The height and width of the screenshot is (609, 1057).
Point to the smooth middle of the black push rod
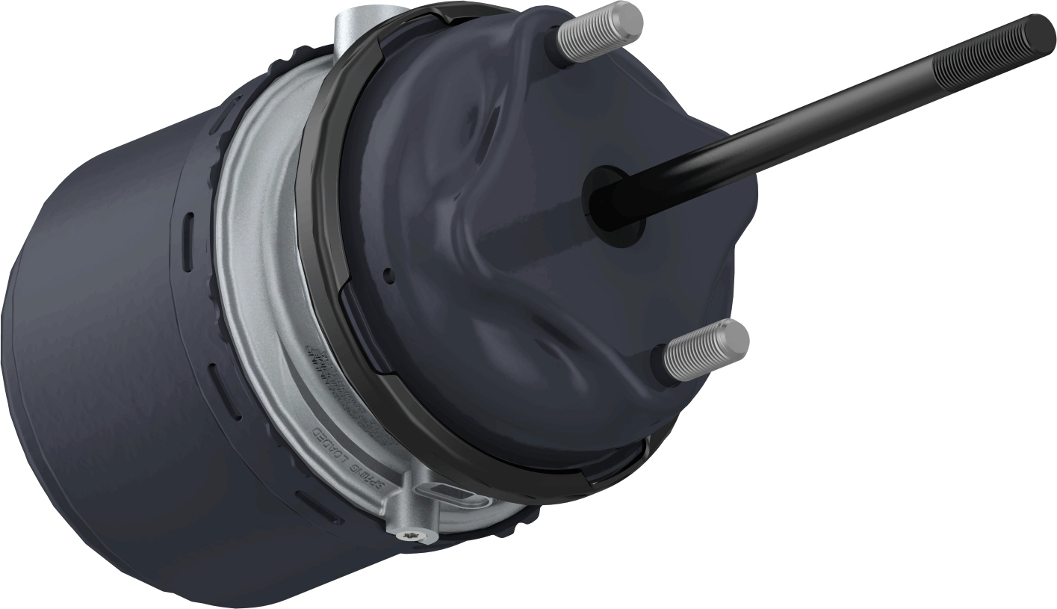pos(784,127)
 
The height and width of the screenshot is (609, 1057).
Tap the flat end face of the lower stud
pos(735,336)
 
